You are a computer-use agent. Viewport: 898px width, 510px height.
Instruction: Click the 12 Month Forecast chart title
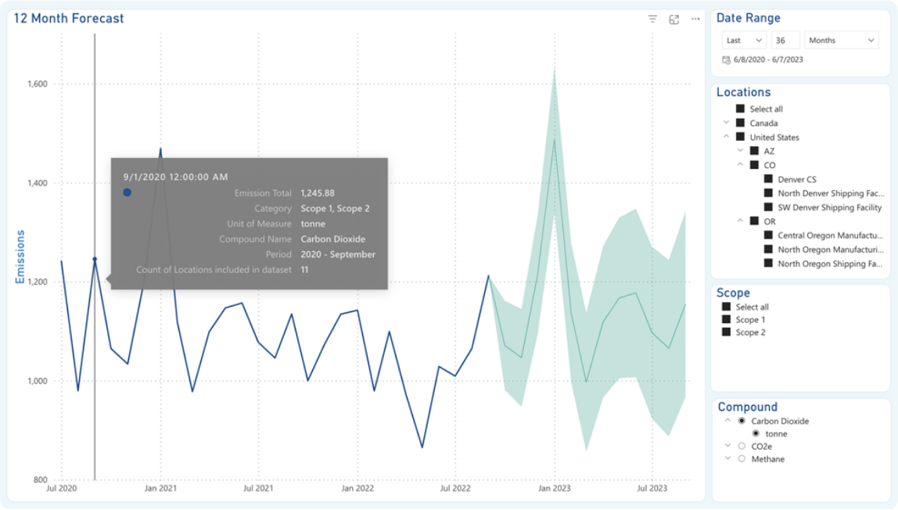tap(69, 19)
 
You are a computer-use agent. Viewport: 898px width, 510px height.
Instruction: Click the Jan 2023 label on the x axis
tap(555, 489)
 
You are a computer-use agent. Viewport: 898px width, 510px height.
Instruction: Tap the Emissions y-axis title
tap(20, 257)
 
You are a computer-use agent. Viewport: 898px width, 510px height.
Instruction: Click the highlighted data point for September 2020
tap(95, 259)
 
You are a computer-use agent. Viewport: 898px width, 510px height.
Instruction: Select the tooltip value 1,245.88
tap(318, 193)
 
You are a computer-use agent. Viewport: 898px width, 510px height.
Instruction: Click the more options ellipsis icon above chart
tap(695, 20)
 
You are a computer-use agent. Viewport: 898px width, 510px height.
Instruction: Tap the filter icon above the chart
tap(652, 20)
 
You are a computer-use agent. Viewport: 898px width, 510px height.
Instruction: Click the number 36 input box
tap(785, 41)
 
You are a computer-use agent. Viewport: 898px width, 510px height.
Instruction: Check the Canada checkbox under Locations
tap(740, 123)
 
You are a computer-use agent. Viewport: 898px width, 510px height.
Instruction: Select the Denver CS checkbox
tap(768, 179)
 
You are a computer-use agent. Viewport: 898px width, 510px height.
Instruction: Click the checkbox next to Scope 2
tap(726, 332)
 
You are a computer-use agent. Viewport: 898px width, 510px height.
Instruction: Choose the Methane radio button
tap(741, 459)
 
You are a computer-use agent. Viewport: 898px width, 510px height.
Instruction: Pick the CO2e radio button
tap(741, 446)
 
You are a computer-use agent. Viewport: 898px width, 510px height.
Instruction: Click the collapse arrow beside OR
tap(740, 221)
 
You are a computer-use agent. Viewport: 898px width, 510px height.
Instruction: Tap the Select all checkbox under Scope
tap(726, 307)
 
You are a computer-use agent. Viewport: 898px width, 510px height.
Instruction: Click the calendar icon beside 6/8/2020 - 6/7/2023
tap(726, 59)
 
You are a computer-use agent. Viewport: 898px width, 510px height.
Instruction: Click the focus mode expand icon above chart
tap(674, 20)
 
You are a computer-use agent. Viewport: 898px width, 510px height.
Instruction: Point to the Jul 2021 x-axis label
tap(258, 489)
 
